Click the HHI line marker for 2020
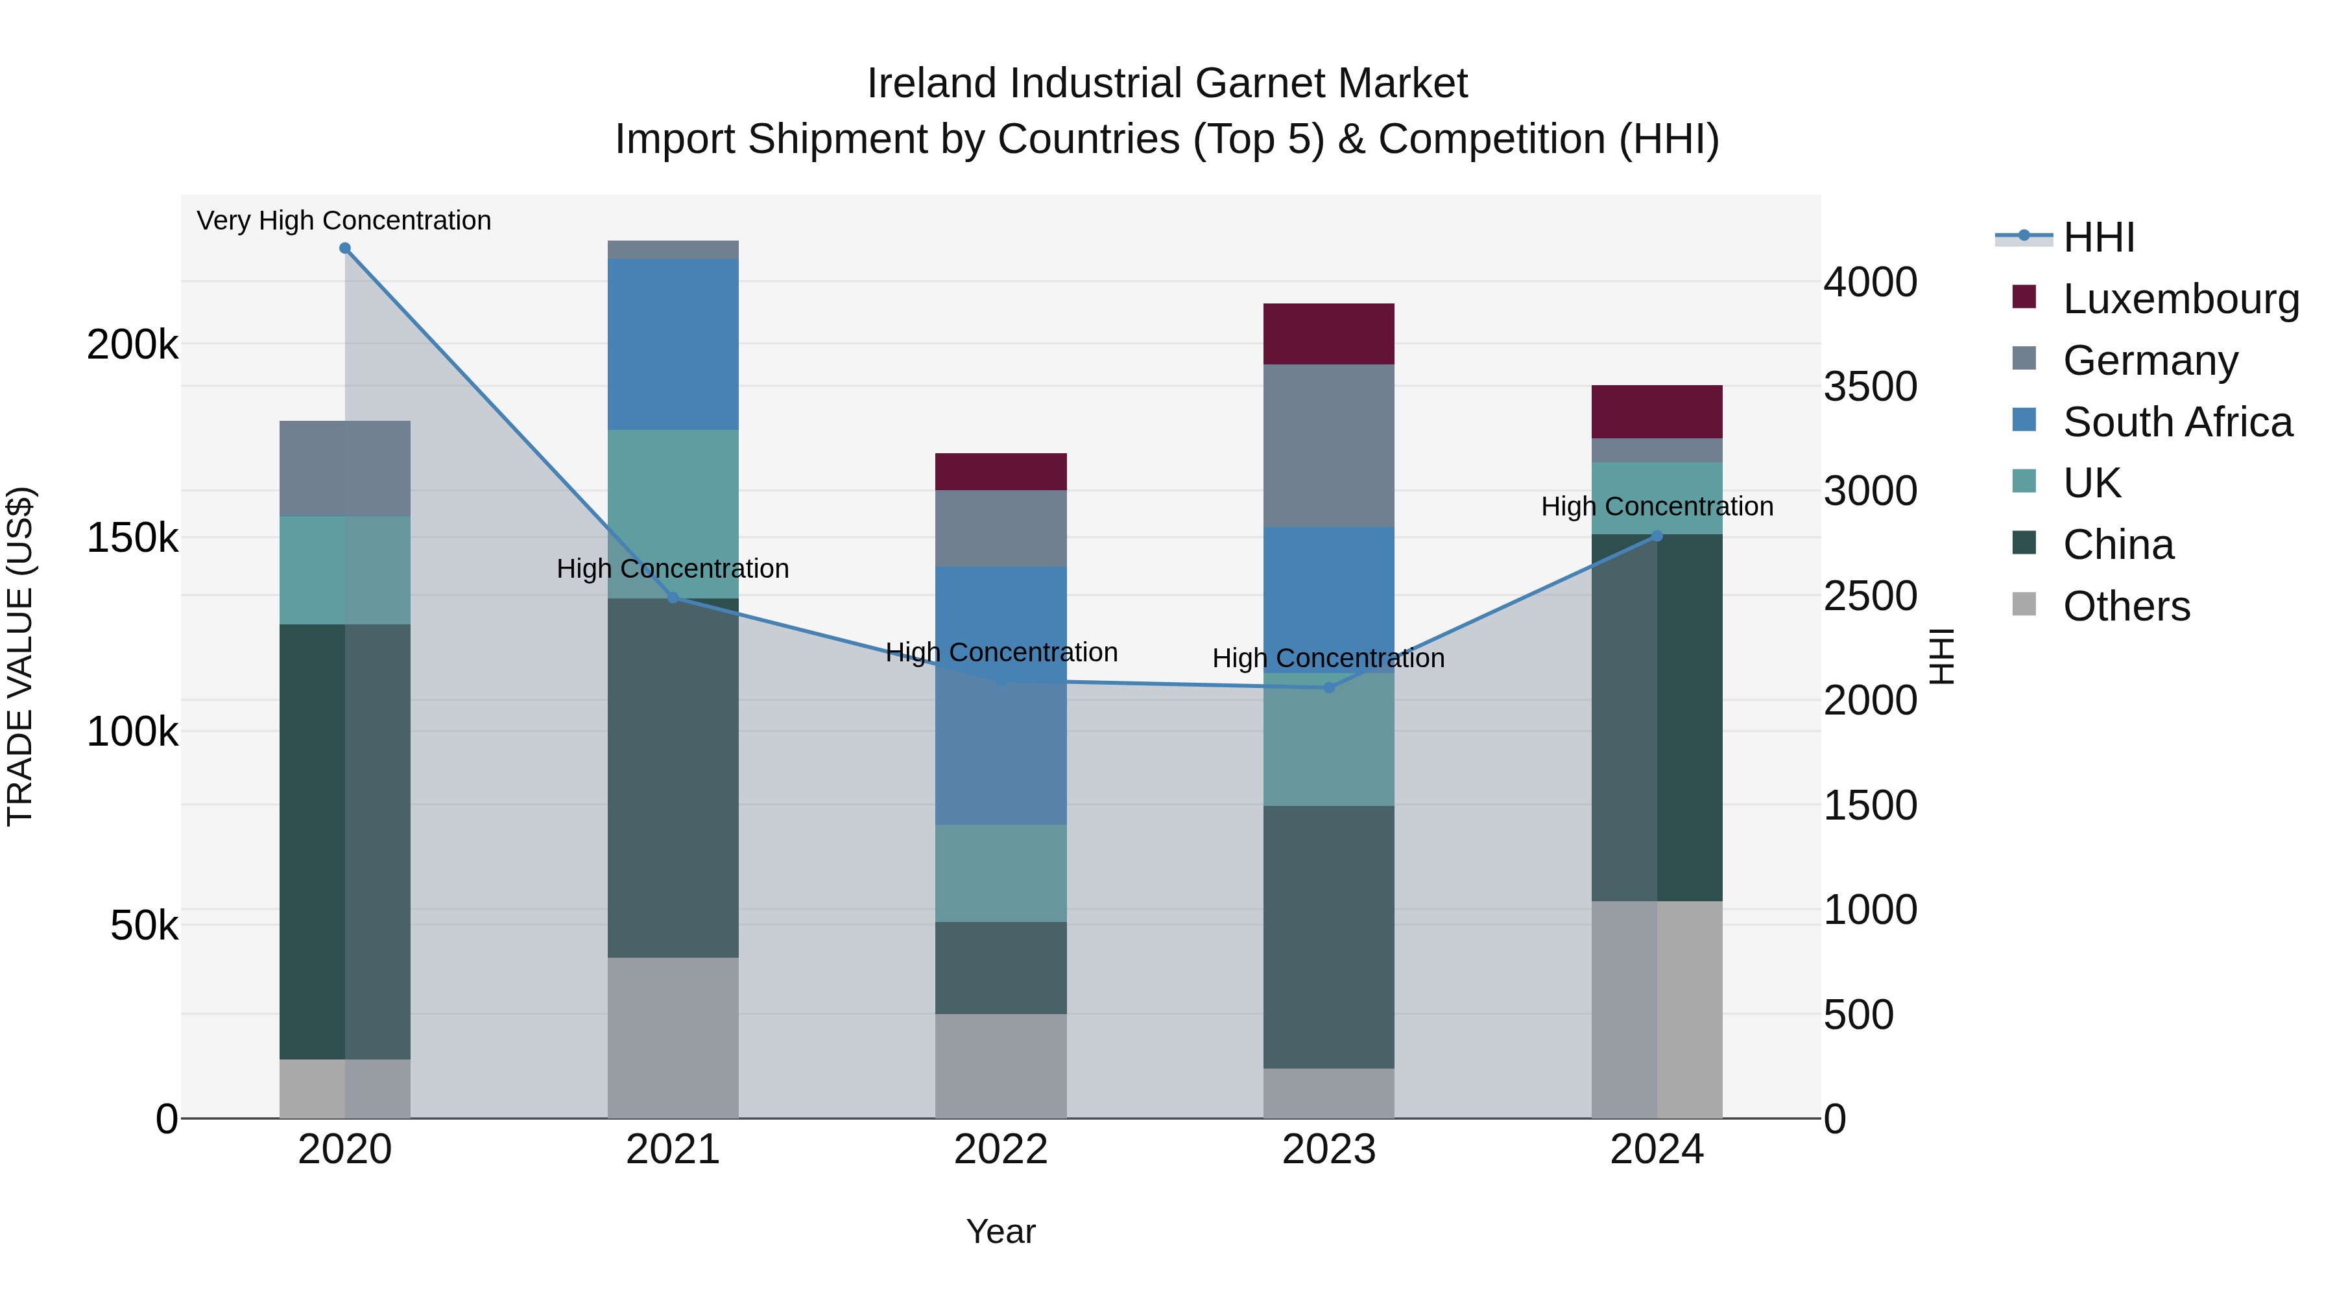pos(344,248)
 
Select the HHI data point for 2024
pos(1657,536)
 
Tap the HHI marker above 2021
pos(673,598)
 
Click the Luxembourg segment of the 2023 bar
pos(1329,333)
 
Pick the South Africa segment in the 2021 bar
pos(673,344)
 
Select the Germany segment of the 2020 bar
pos(344,469)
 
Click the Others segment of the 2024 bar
pos(1657,1010)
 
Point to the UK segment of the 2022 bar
pos(1001,873)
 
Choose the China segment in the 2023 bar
pos(1329,937)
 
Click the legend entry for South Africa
pos(2177,422)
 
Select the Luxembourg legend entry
pos(2181,299)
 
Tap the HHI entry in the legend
pos(2098,237)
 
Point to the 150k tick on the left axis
pos(132,538)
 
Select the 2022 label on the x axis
pos(1001,1150)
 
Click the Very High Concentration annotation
pos(344,220)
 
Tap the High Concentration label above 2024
pos(1657,506)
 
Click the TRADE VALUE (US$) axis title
pos(20,656)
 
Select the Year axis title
pos(1001,1231)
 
